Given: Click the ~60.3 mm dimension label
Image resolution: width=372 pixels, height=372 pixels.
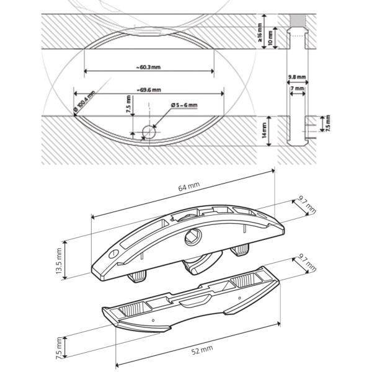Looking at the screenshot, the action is tap(148, 67).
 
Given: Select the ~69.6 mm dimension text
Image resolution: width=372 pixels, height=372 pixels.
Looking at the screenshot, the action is tap(149, 90).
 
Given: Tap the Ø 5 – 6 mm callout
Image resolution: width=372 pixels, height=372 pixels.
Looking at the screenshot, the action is tap(184, 105).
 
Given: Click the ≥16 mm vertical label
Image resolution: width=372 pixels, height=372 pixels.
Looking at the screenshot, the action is tap(260, 32).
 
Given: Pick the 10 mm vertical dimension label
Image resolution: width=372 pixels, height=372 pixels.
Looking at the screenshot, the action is tap(270, 38).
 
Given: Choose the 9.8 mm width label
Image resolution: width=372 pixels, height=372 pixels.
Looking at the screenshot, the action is tap(297, 77).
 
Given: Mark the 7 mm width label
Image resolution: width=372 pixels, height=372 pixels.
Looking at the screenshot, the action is tap(297, 88).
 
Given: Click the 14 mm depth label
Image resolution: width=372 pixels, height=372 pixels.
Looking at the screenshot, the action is tap(264, 131).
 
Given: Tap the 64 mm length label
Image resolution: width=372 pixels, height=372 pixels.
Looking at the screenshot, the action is tap(189, 186).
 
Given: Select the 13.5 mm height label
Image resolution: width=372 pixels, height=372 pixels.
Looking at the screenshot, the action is tap(59, 261).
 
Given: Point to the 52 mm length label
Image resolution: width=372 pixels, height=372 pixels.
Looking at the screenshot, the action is tap(202, 350).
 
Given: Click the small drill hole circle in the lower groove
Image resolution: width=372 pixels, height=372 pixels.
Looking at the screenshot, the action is tap(149, 131).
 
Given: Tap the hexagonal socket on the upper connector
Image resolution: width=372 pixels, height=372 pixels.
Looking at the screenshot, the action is tap(193, 237).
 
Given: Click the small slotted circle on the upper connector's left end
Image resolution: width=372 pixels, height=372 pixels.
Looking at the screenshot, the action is tap(113, 254).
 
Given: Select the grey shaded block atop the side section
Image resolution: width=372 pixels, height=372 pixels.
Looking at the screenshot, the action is tap(297, 20).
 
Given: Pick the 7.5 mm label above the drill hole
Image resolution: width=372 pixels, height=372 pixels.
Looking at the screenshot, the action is tap(128, 104).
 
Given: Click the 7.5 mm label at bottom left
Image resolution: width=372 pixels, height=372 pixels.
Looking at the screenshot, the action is tap(59, 348).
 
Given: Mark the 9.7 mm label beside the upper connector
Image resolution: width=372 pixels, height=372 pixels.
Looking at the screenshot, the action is tap(307, 205).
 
